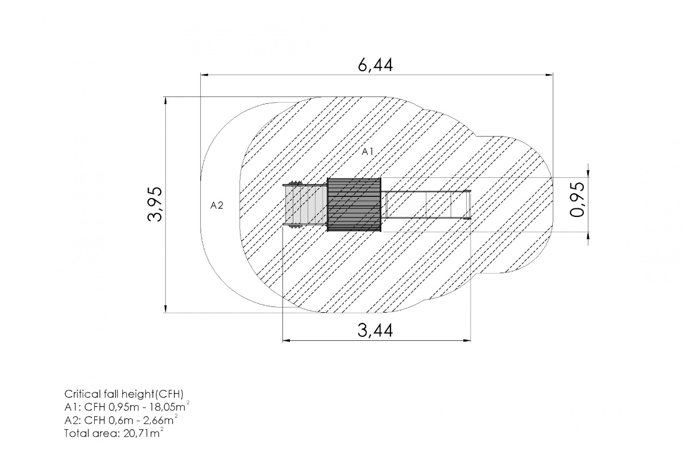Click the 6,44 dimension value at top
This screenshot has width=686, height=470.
375,65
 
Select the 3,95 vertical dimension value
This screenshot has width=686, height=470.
156,204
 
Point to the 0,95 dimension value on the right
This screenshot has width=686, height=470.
578,199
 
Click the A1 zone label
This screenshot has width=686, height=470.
367,152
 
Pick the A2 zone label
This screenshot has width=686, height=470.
216,205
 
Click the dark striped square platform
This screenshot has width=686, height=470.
354,205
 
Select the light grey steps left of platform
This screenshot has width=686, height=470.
305,205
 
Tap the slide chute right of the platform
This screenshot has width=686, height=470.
427,205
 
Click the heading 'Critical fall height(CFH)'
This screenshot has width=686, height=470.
124,394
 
